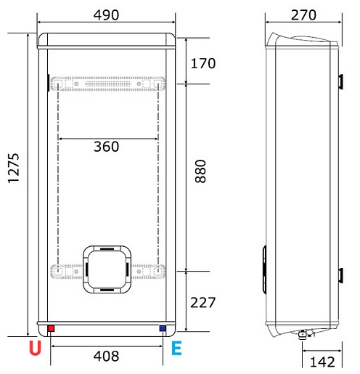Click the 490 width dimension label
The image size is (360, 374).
[x=107, y=15]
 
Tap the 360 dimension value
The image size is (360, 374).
[x=107, y=147]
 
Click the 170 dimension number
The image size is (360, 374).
[x=203, y=63]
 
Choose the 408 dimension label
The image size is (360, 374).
[x=107, y=357]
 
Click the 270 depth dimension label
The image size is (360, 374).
[x=303, y=15]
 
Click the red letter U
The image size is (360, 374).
[x=35, y=349]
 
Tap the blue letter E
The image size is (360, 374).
[x=177, y=349]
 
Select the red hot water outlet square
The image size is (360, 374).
[x=51, y=329]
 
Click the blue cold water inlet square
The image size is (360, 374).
[x=161, y=329]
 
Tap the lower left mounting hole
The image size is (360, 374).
[x=58, y=272]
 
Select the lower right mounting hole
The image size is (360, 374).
[x=156, y=272]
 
